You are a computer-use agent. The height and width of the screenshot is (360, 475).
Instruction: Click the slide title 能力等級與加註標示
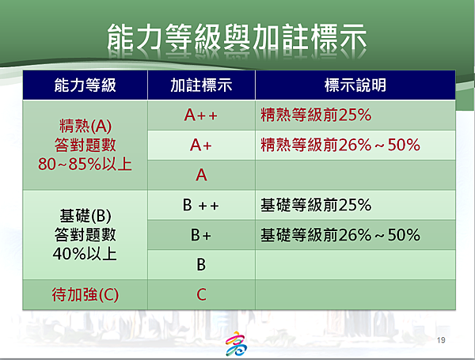[x=237, y=37]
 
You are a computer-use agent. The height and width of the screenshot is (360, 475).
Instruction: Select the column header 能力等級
[x=85, y=85]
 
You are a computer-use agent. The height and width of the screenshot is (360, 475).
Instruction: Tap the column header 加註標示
[x=201, y=85]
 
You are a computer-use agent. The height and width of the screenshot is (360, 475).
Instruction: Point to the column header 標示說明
[x=355, y=85]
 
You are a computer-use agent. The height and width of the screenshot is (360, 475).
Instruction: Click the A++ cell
[x=201, y=115]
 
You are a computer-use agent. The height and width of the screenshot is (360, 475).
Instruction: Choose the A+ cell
[x=201, y=145]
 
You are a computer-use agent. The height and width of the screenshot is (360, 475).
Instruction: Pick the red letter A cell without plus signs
[x=201, y=175]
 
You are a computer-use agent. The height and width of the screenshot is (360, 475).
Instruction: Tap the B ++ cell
[x=201, y=205]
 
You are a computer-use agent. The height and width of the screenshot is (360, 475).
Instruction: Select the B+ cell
[x=201, y=235]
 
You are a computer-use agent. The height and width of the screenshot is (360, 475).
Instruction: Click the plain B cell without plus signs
[x=201, y=264]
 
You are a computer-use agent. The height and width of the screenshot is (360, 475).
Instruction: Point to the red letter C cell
[x=201, y=294]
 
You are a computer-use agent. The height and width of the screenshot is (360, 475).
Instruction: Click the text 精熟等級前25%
[x=316, y=115]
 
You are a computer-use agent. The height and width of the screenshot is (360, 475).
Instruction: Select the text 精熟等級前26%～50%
[x=340, y=145]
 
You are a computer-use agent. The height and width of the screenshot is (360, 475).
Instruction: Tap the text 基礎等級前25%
[x=316, y=205]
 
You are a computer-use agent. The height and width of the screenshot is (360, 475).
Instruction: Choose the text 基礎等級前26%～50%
[x=340, y=235]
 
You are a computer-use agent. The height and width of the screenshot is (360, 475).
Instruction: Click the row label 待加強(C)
[x=85, y=294]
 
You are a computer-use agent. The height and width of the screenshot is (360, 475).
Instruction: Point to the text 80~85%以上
[x=85, y=165]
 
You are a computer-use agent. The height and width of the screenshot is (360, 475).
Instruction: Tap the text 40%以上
[x=85, y=254]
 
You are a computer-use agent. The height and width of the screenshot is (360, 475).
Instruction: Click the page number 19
[x=441, y=340]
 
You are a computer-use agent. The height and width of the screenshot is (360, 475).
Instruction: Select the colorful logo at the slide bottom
[x=236, y=343]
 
